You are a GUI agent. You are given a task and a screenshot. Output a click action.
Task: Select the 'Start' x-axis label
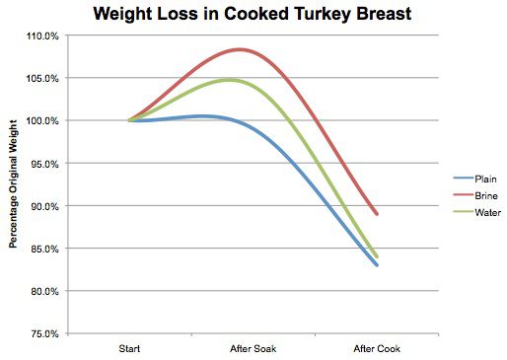129,348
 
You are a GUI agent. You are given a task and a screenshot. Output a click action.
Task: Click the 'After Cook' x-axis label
376,348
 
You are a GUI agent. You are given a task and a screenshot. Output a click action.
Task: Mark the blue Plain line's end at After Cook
377,265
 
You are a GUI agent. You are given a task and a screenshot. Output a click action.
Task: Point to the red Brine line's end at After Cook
377,214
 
